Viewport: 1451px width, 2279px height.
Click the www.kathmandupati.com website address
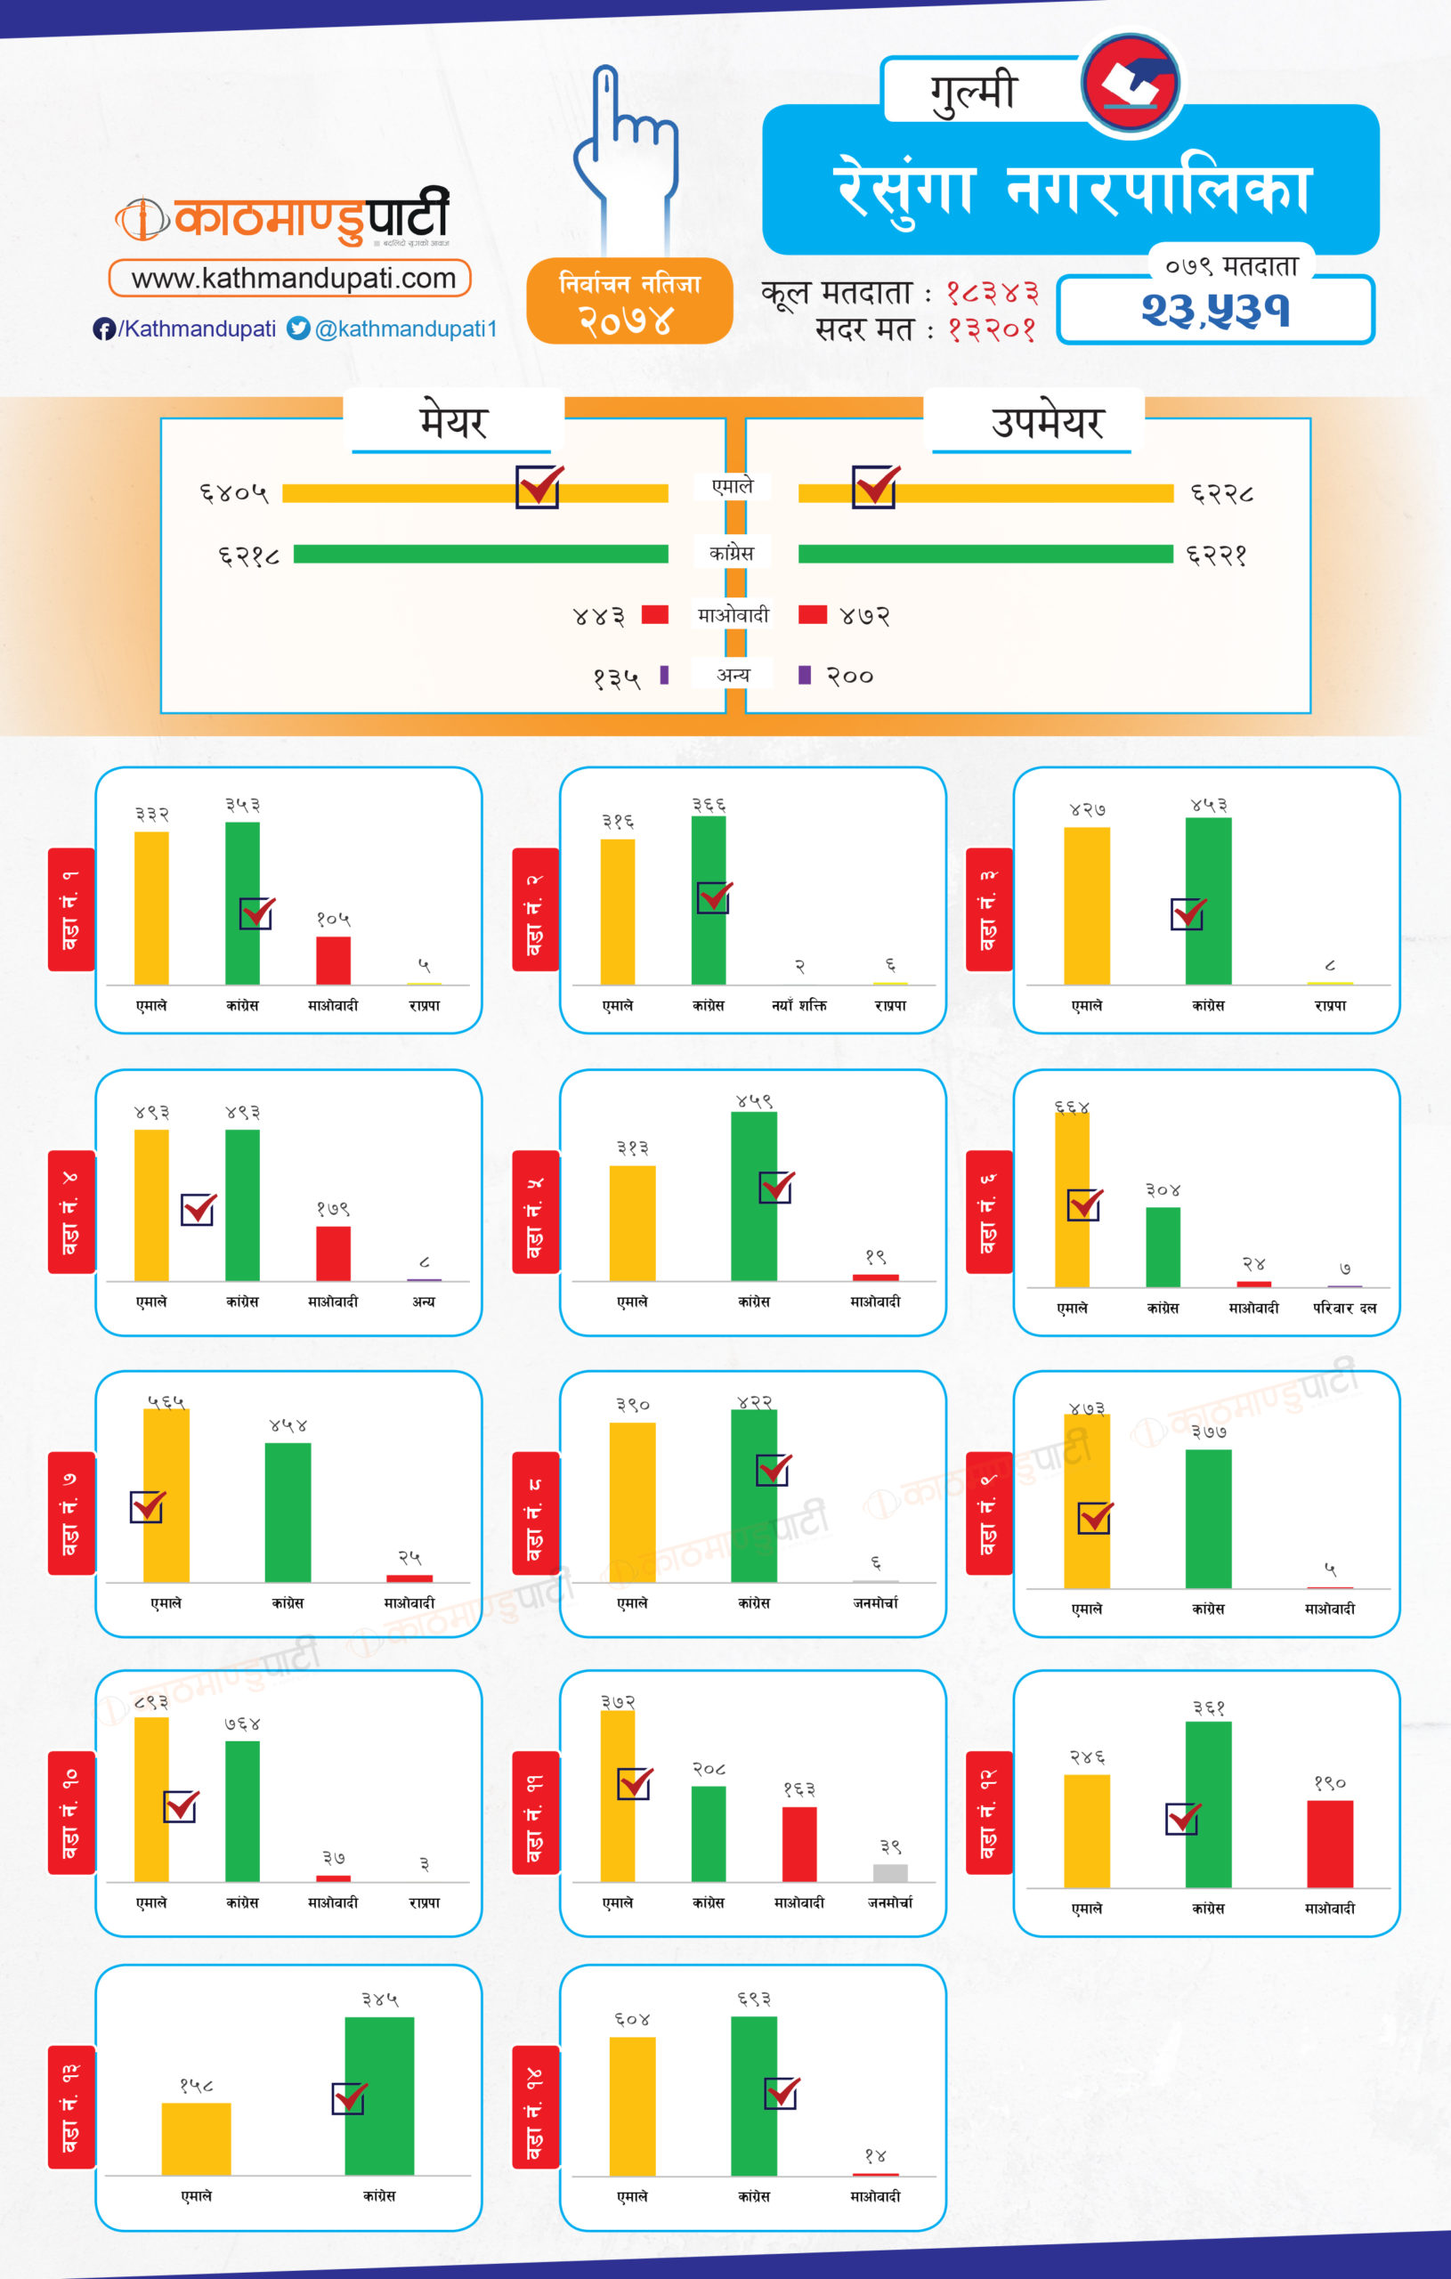pyautogui.click(x=290, y=279)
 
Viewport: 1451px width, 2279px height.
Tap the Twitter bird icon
pyautogui.click(x=298, y=328)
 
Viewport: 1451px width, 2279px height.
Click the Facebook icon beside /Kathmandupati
pyautogui.click(x=104, y=329)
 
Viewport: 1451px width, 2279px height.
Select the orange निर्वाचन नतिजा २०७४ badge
pyautogui.click(x=629, y=301)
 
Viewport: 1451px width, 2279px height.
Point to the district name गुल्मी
pyautogui.click(x=973, y=92)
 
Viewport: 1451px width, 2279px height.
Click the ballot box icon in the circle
pyautogui.click(x=1131, y=84)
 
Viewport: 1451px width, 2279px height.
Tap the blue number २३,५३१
pyautogui.click(x=1215, y=311)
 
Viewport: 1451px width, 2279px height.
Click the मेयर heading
pyautogui.click(x=453, y=422)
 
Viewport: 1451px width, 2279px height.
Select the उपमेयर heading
pyautogui.click(x=1047, y=422)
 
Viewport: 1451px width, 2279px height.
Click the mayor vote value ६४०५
pyautogui.click(x=234, y=493)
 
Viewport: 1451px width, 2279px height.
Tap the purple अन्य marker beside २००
pyautogui.click(x=805, y=675)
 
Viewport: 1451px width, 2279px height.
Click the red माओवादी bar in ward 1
pyautogui.click(x=333, y=961)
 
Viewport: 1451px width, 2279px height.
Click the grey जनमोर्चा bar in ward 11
pyautogui.click(x=889, y=1873)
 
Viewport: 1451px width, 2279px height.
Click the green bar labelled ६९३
pyautogui.click(x=753, y=2096)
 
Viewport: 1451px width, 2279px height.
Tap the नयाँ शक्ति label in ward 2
pyautogui.click(x=798, y=1006)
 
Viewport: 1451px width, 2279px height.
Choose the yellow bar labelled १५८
pyautogui.click(x=196, y=2139)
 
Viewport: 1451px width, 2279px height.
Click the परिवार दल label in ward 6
pyautogui.click(x=1344, y=1309)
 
